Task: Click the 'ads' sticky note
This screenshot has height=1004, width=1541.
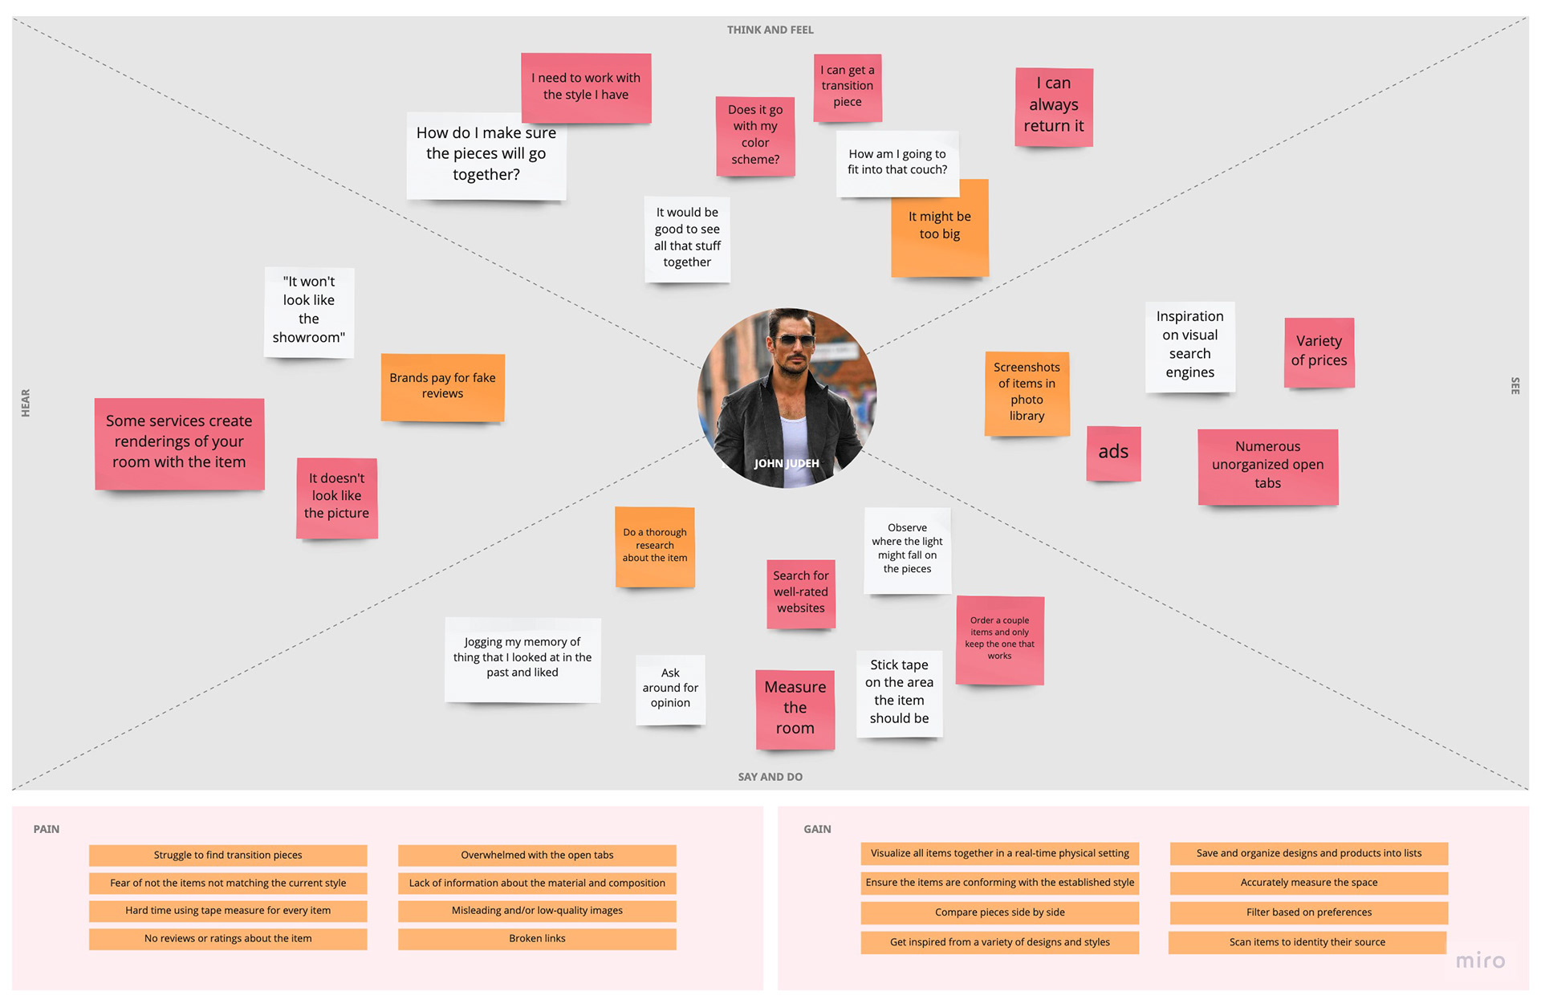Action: (1113, 453)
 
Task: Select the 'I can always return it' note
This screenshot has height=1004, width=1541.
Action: (1054, 106)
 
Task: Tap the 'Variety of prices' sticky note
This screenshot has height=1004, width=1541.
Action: (1319, 352)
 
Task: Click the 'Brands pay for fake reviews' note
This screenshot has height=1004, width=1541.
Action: (442, 386)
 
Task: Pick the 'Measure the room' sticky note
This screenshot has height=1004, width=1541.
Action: (795, 709)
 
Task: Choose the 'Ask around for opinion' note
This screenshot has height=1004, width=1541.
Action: (670, 689)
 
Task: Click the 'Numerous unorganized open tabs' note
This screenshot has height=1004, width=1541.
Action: (1267, 465)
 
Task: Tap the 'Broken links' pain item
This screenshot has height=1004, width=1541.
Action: (537, 938)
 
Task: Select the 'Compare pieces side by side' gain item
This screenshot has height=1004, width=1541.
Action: (999, 913)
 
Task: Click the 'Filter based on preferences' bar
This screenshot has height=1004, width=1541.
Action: (1308, 913)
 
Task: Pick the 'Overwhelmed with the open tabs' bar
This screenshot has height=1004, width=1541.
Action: (537, 855)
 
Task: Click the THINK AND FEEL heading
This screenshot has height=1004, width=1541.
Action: (770, 30)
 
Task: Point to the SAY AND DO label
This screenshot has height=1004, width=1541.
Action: (770, 777)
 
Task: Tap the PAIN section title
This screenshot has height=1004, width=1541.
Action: (47, 829)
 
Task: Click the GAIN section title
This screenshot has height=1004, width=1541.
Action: (817, 829)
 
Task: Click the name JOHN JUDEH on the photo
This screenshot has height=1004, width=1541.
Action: (787, 463)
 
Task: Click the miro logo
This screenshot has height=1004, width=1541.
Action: (1480, 961)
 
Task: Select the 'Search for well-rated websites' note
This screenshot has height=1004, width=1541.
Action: (800, 592)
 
